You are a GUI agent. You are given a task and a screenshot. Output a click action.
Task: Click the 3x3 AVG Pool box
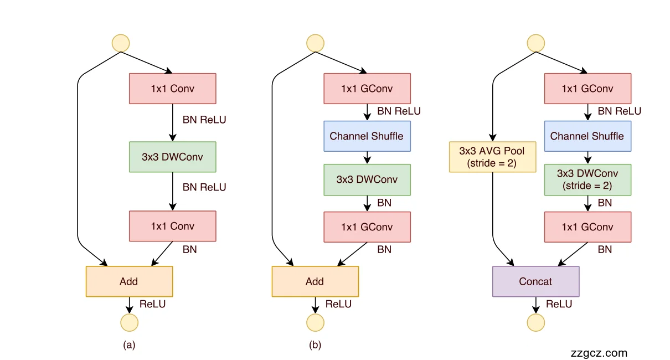click(x=492, y=157)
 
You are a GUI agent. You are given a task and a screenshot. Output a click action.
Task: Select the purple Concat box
click(x=535, y=281)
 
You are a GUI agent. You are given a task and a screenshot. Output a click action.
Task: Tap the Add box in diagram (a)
click(x=129, y=281)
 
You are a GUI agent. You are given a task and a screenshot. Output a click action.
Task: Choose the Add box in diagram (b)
click(x=315, y=281)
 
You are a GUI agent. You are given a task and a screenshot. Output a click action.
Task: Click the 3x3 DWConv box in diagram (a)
click(x=172, y=157)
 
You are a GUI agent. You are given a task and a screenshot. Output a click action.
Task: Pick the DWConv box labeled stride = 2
click(x=587, y=179)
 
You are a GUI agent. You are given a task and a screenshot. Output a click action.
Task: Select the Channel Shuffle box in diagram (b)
click(x=367, y=136)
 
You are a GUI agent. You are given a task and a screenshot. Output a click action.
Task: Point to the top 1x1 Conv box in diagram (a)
click(x=172, y=89)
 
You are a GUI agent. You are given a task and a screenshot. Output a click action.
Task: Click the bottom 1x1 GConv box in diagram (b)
click(x=367, y=227)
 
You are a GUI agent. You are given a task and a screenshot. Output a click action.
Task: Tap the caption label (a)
click(x=129, y=345)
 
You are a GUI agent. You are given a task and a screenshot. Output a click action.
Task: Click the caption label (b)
click(x=315, y=345)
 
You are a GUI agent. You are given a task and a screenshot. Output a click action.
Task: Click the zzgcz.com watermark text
click(x=599, y=353)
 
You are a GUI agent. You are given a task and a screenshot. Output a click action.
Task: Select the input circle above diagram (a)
click(x=121, y=43)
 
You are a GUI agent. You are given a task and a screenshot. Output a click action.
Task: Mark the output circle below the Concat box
click(x=535, y=322)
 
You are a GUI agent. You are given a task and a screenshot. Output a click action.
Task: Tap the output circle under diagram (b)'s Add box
click(x=315, y=322)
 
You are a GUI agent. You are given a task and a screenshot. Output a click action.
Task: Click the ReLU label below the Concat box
click(x=559, y=304)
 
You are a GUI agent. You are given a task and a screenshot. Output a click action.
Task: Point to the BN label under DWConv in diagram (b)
click(x=384, y=203)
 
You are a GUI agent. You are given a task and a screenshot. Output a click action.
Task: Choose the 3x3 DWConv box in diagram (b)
click(x=367, y=179)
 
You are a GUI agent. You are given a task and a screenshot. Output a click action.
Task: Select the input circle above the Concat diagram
click(x=535, y=43)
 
